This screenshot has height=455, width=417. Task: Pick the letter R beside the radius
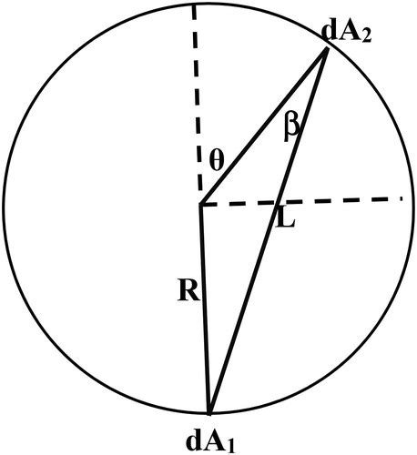188,293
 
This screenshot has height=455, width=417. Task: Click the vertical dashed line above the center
197,100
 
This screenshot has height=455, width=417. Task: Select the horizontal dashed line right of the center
337,201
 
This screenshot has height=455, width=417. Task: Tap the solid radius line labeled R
205,309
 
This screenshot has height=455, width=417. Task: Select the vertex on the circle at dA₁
209,414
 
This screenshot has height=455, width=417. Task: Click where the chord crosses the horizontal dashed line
277,203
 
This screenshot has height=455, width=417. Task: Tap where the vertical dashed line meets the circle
193,4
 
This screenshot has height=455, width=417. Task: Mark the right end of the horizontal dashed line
402,197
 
